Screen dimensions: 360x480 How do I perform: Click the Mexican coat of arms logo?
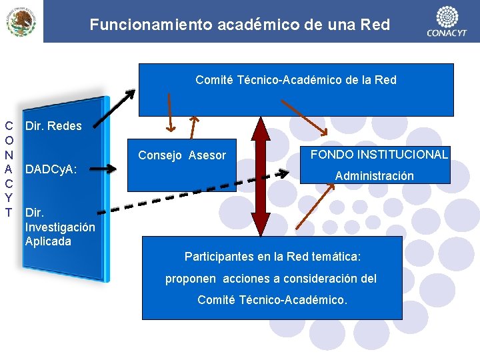pyautogui.click(x=21, y=21)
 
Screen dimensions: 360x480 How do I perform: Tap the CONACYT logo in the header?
pyautogui.click(x=447, y=21)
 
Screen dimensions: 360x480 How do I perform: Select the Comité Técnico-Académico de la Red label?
pyautogui.click(x=296, y=80)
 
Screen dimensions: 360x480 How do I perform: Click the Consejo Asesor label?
pyautogui.click(x=182, y=155)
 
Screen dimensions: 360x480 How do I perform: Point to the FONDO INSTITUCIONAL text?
pyautogui.click(x=379, y=155)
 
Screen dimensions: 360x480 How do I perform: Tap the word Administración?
pyautogui.click(x=374, y=176)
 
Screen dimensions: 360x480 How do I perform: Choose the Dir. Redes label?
pyautogui.click(x=53, y=126)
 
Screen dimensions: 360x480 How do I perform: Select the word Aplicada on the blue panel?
pyautogui.click(x=48, y=241)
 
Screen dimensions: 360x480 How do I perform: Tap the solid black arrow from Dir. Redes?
pyautogui.click(x=116, y=106)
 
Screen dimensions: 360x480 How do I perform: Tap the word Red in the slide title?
pyautogui.click(x=375, y=25)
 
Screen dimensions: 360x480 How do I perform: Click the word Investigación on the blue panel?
pyautogui.click(x=60, y=227)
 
